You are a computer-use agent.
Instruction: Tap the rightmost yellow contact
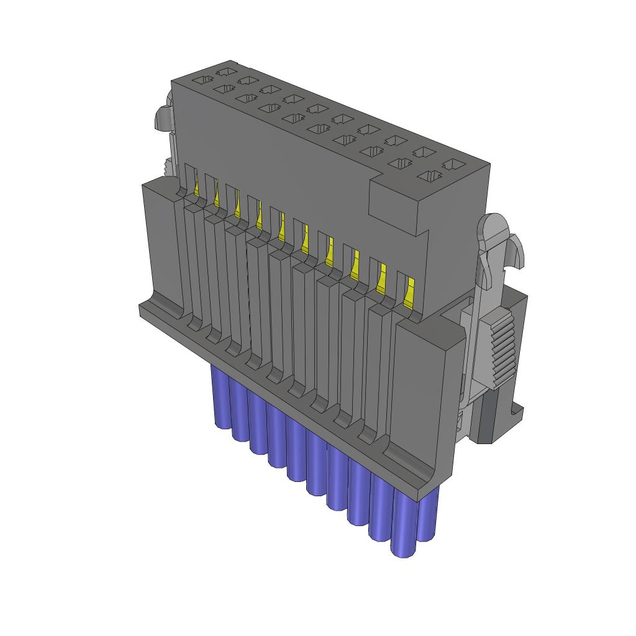coord(409,292)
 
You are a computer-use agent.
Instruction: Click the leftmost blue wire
coord(220,397)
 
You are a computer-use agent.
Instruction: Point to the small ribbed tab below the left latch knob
coord(167,166)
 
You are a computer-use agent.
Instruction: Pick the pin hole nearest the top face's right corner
coord(453,165)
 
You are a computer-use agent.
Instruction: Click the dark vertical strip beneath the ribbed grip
coord(488,416)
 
